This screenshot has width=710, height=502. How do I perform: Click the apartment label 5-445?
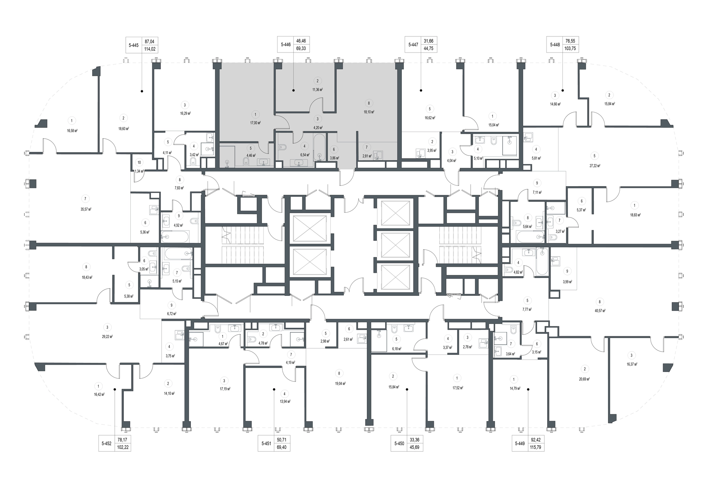click(x=134, y=45)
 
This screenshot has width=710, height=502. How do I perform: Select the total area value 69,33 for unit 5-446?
click(x=301, y=48)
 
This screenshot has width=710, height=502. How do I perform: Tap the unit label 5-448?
click(x=555, y=45)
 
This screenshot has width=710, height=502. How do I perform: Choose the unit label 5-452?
click(x=106, y=444)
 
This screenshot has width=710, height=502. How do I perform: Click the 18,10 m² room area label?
click(x=369, y=112)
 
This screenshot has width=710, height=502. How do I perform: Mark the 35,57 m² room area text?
click(x=86, y=209)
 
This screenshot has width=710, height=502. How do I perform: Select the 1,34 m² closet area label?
click(x=139, y=171)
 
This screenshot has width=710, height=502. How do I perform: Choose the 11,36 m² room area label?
click(x=318, y=90)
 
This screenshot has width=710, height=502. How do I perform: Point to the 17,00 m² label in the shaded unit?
click(x=255, y=123)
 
